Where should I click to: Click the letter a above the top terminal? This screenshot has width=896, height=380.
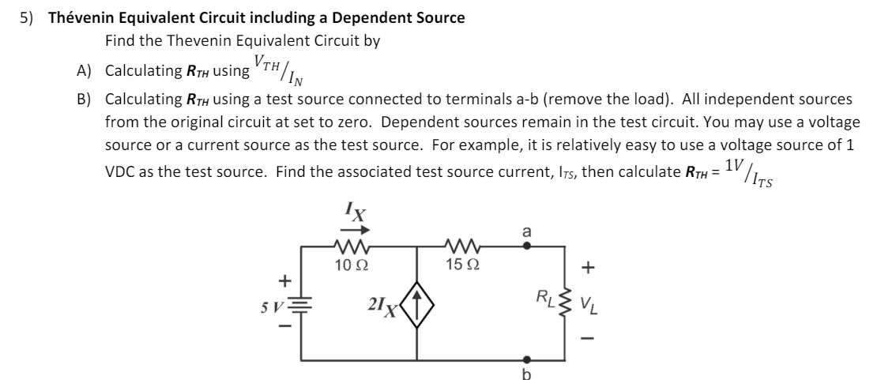[529, 231]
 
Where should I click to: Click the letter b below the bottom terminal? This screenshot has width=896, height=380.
[529, 373]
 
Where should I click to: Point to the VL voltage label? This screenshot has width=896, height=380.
[590, 303]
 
